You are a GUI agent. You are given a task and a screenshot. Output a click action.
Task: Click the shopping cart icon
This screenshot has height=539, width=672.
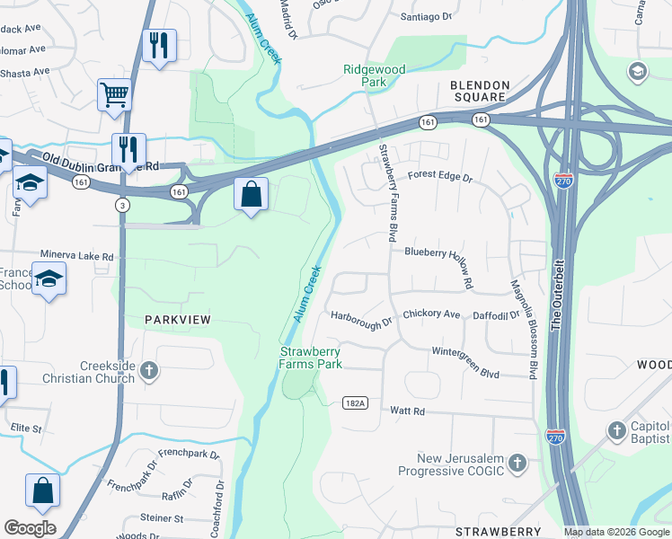click(115, 94)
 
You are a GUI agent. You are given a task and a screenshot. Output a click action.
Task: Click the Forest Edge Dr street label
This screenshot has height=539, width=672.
click(439, 178)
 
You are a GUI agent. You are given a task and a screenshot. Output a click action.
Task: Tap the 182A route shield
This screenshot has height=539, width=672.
click(356, 403)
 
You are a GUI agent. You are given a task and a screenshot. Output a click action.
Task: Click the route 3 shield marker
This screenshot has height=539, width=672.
click(123, 206)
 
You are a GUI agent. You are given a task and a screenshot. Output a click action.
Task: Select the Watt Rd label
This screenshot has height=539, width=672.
click(406, 411)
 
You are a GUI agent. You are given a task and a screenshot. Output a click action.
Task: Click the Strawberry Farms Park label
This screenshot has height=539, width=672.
click(311, 358)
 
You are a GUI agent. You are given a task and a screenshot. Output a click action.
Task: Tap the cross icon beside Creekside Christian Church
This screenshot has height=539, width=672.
click(149, 369)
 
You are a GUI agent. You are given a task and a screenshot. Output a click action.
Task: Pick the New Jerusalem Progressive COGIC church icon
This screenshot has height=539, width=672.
click(517, 463)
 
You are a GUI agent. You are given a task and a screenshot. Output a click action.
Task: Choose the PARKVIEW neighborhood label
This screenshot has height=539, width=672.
click(178, 320)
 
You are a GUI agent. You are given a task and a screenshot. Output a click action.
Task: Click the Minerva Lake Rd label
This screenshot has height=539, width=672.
click(76, 256)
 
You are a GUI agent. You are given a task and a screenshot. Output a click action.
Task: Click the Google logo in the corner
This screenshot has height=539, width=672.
click(30, 528)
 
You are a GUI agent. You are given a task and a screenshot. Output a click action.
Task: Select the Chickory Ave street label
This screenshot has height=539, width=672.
click(431, 314)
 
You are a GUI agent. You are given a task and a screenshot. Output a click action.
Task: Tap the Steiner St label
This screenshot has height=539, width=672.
click(162, 518)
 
